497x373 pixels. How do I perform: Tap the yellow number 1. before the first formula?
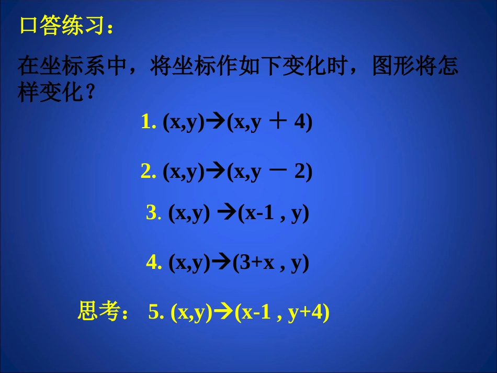point(149,122)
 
